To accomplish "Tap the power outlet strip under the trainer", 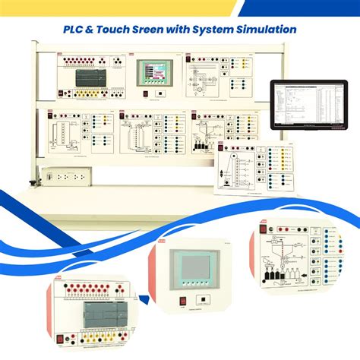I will pyautogui.click(x=66, y=175).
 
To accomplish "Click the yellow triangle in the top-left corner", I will pyautogui.click(x=46, y=6).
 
